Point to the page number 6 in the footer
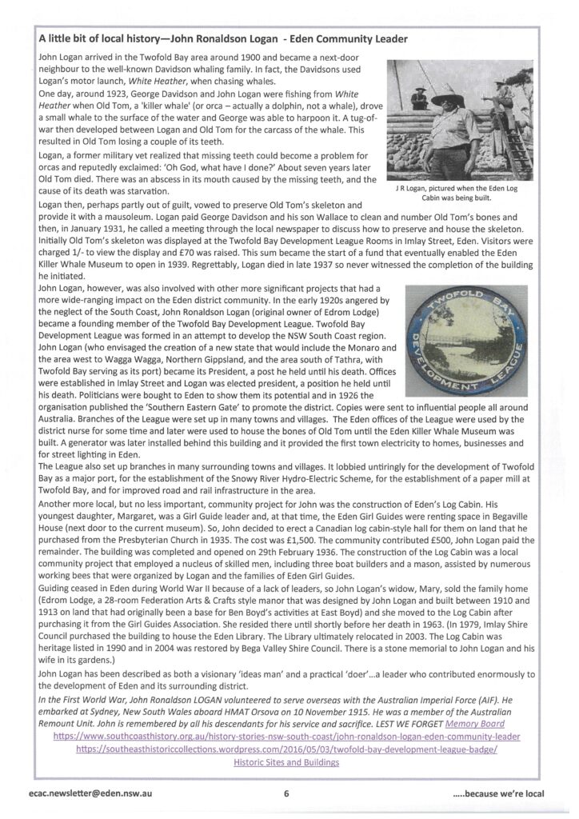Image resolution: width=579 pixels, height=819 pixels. click(286, 793)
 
